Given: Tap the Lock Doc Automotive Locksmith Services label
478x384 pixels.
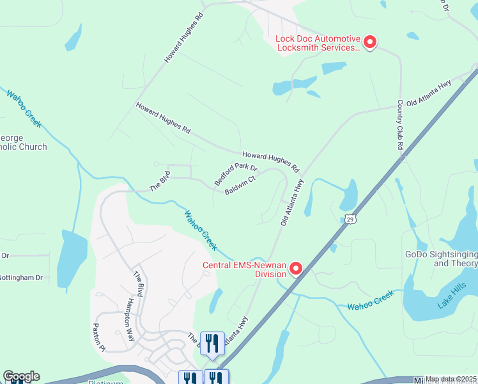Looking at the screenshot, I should pyautogui.click(x=318, y=43).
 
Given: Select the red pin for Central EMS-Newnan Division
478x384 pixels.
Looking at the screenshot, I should pyautogui.click(x=296, y=269).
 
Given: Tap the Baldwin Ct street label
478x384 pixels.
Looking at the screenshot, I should pyautogui.click(x=240, y=186).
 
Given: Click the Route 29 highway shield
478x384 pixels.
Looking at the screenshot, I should pyautogui.click(x=351, y=219).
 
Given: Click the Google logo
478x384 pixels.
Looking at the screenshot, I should pyautogui.click(x=21, y=376).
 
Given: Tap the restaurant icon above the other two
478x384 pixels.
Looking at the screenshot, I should pyautogui.click(x=212, y=342).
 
